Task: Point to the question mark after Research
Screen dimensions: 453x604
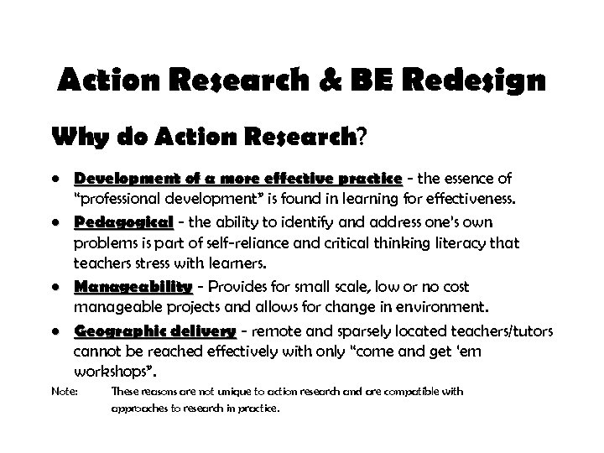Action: (x=362, y=136)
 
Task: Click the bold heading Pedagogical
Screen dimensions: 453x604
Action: (x=123, y=222)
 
